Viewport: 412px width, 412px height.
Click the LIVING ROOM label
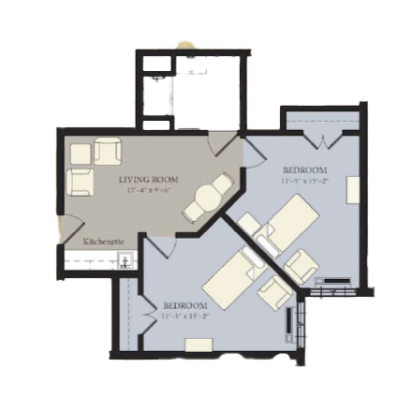click(148, 179)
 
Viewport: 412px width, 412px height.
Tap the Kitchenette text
click(104, 242)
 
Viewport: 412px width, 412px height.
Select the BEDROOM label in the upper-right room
click(305, 170)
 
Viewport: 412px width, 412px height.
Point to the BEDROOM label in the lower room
click(184, 306)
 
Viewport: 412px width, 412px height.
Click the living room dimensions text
click(148, 190)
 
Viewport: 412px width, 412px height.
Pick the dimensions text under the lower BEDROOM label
click(184, 317)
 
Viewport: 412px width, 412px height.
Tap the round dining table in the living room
click(205, 199)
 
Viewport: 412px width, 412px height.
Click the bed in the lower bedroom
click(231, 279)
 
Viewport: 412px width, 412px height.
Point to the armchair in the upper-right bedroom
click(301, 266)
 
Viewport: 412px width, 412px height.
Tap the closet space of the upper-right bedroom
click(321, 122)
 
